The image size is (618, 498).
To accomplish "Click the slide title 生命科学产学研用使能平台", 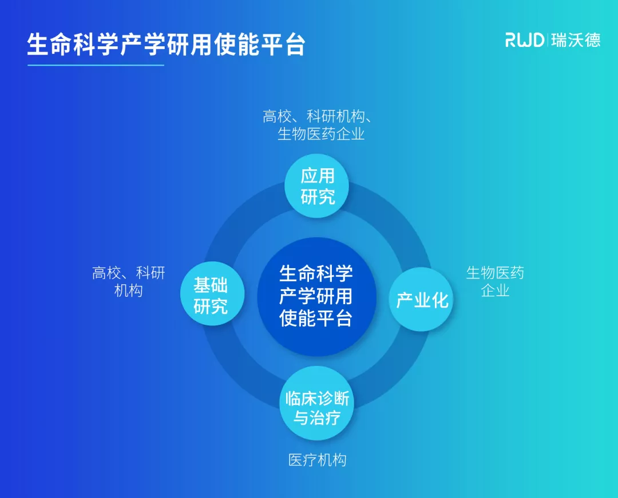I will [166, 45].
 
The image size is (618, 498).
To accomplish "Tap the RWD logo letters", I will [525, 40].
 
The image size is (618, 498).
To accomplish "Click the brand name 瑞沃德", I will [576, 40].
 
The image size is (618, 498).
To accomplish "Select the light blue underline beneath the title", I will [96, 65].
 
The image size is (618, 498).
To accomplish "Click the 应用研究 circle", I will [317, 186].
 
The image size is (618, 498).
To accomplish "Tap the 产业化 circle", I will [422, 299].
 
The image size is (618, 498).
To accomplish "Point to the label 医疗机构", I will [317, 460].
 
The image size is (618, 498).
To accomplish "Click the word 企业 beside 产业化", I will [495, 290].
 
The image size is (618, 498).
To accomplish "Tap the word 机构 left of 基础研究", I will [128, 290].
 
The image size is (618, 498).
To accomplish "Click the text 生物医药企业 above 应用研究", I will [320, 134].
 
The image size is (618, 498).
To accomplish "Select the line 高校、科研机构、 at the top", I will [318, 117].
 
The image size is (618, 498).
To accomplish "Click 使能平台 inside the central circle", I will [316, 318].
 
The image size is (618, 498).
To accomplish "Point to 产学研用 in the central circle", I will [316, 296].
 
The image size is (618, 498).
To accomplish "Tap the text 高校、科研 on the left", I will [128, 273].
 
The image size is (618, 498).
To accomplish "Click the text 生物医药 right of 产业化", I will [495, 273].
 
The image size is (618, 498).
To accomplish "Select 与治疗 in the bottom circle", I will [317, 418].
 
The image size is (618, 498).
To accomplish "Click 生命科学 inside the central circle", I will [316, 273].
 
